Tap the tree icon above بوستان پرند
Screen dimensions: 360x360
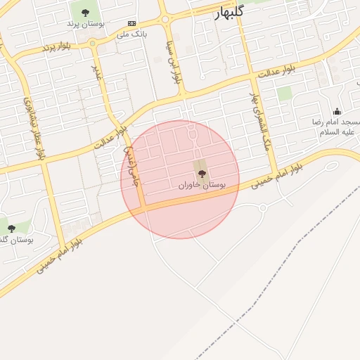click(x=85, y=13)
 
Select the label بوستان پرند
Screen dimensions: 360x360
click(x=86, y=23)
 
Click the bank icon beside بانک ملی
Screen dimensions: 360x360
click(x=131, y=23)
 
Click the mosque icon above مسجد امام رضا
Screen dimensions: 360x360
click(x=337, y=111)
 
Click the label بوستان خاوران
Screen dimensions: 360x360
click(x=202, y=186)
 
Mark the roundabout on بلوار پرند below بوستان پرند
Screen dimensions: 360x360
click(x=93, y=43)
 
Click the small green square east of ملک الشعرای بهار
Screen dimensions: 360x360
click(x=284, y=93)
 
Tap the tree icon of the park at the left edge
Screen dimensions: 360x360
click(x=11, y=228)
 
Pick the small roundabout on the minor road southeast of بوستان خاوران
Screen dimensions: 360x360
click(x=262, y=207)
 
